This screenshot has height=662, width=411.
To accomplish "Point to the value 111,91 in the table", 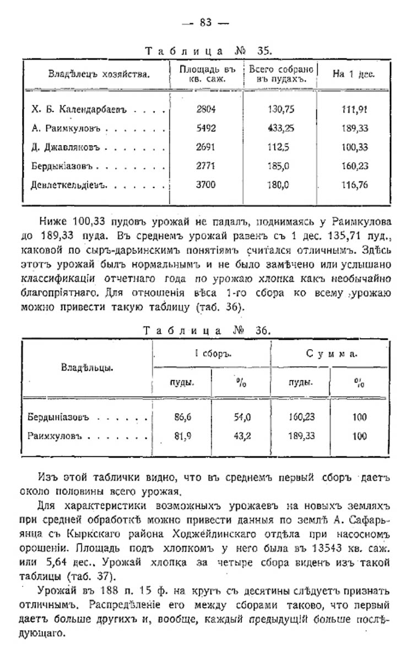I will (354, 109).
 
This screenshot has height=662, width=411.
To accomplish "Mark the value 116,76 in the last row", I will (354, 185).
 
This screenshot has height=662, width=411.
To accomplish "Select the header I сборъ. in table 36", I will (212, 354).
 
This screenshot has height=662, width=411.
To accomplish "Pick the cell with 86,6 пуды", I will (182, 417).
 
